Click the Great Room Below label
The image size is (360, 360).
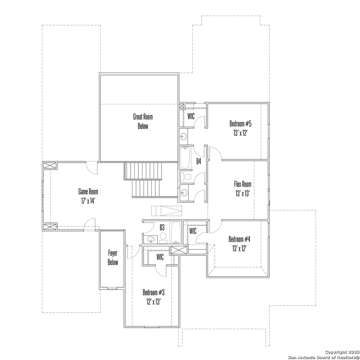point(143,121)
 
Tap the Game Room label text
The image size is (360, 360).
point(88,191)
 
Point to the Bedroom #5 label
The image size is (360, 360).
point(240,124)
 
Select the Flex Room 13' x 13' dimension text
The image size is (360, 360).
point(242,194)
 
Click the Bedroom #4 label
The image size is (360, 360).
point(239,239)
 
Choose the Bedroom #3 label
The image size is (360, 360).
point(154,293)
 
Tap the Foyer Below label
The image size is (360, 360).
point(113,258)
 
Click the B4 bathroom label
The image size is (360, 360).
point(199,161)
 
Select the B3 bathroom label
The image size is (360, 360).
point(162,227)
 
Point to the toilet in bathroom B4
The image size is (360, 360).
point(186,177)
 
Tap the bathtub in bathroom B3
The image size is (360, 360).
point(176,233)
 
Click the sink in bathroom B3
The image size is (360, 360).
point(151,239)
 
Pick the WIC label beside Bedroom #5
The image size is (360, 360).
point(191,116)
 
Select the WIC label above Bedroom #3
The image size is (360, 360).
point(160,257)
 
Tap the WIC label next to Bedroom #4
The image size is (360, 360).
point(193,231)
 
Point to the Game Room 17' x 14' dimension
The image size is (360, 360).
point(88,201)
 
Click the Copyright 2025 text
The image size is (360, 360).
point(342,352)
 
